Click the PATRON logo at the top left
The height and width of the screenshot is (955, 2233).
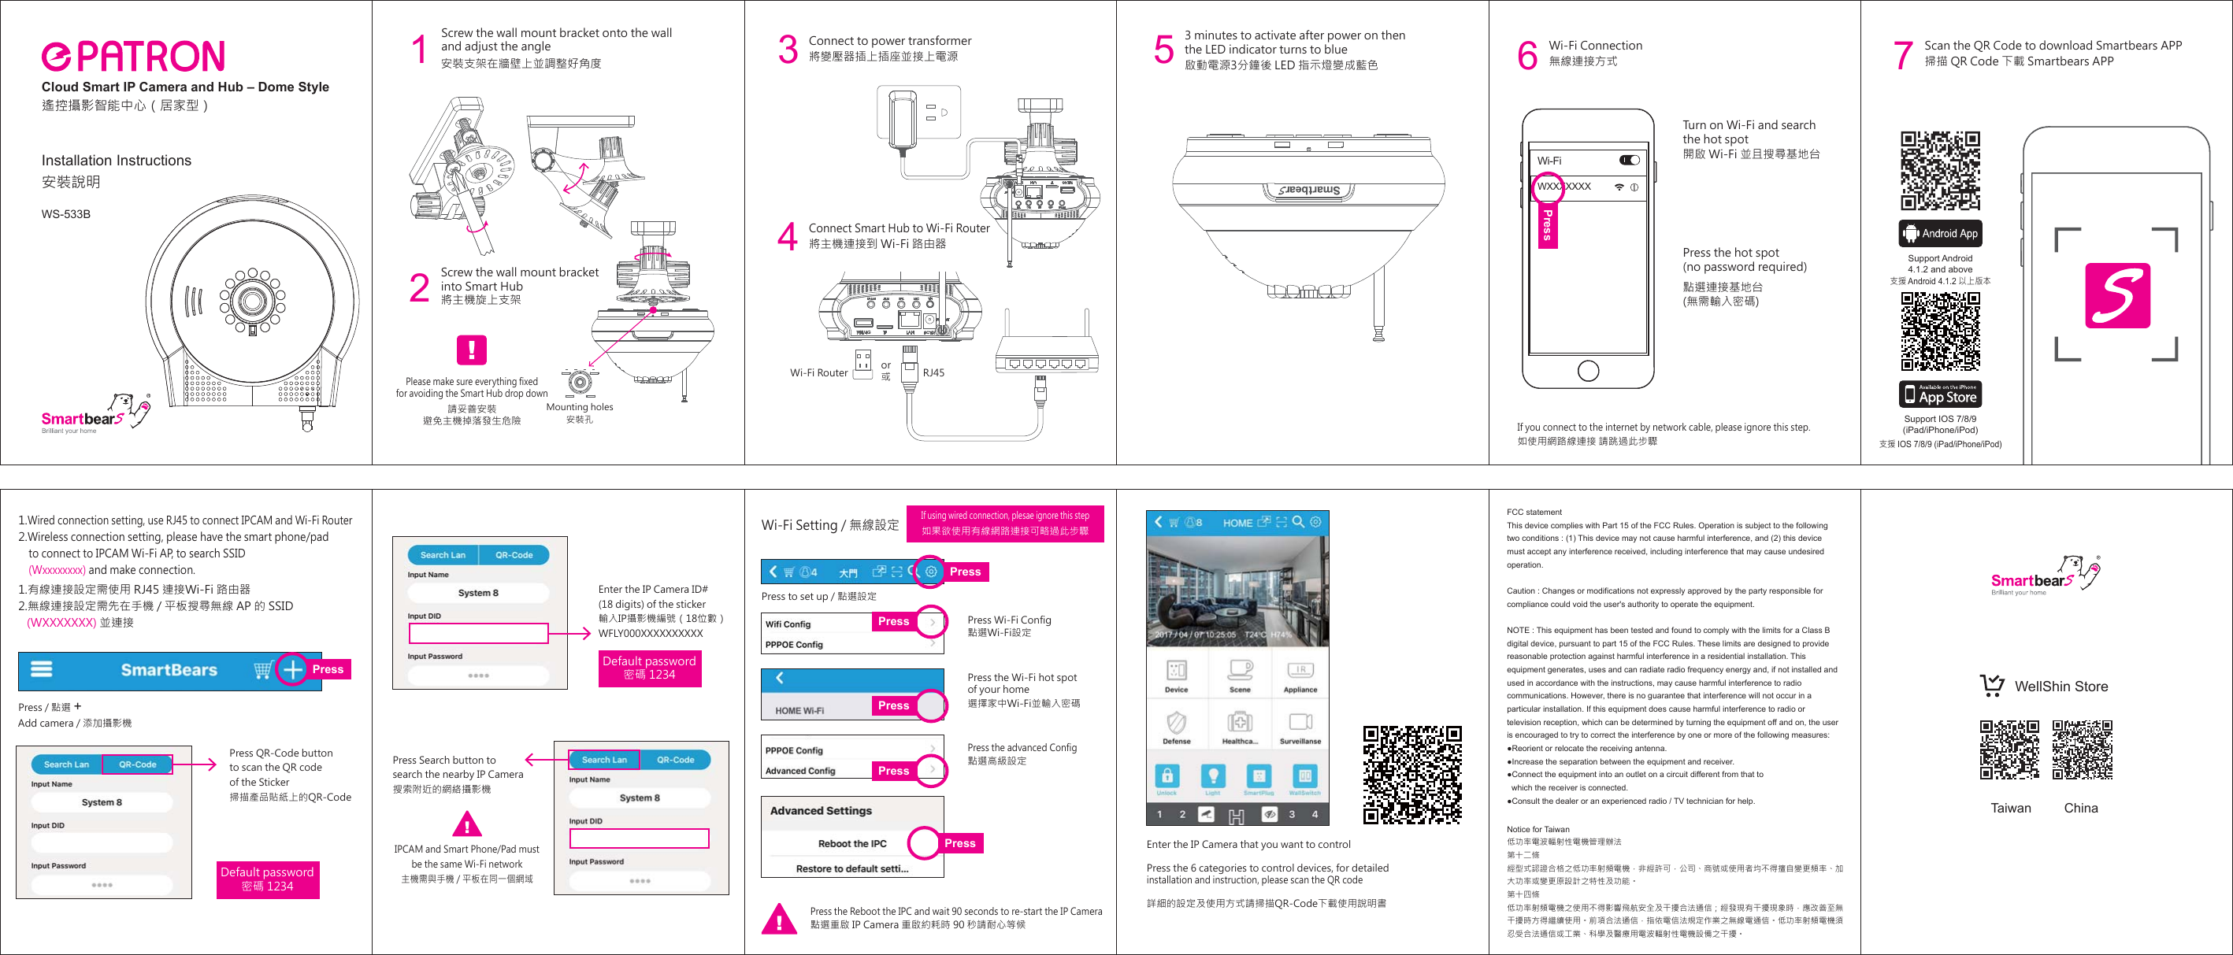pos(133,57)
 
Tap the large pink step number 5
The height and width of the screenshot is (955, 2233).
pos(1163,50)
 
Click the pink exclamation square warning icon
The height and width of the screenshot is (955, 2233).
pos(472,350)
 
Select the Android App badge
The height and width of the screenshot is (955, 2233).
pos(1940,233)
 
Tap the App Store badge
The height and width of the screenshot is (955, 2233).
pos(1940,394)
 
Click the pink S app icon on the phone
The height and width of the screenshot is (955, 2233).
pos(2117,295)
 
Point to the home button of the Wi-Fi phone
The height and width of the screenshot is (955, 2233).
pos(1588,370)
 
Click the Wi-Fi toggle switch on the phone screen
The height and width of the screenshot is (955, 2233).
pos(1629,161)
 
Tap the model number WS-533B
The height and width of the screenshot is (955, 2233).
pos(66,214)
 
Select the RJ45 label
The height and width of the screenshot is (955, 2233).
pos(933,372)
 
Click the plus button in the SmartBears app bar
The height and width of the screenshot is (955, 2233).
pos(293,670)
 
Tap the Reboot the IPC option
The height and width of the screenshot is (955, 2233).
pos(852,843)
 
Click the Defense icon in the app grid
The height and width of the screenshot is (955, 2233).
pos(1176,726)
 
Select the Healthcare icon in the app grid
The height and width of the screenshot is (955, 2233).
pos(1240,726)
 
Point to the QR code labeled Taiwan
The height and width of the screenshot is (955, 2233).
pos(2009,750)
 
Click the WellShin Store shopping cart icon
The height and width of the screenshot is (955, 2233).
pos(1992,687)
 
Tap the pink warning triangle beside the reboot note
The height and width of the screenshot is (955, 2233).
pos(778,919)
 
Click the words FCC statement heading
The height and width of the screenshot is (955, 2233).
pos(1534,513)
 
